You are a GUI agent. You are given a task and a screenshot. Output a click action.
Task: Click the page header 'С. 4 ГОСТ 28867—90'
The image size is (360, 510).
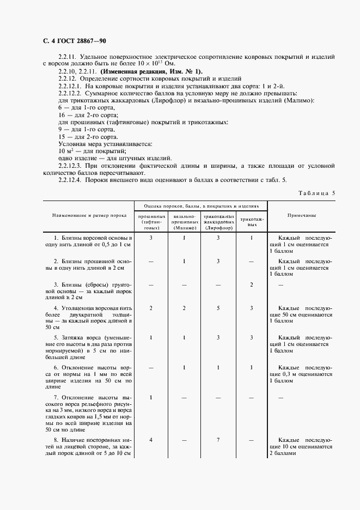(78, 41)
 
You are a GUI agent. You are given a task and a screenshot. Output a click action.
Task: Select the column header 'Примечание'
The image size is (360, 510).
(302, 216)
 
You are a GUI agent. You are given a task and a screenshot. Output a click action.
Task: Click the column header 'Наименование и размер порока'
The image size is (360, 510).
(89, 216)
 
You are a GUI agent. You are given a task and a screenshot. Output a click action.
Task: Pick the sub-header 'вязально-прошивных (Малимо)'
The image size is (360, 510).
(184, 222)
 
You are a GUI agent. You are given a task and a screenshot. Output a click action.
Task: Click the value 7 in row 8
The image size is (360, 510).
(218, 439)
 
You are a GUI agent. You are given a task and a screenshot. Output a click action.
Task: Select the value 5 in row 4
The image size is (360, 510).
(218, 308)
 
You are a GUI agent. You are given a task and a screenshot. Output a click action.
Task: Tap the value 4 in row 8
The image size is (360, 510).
(151, 439)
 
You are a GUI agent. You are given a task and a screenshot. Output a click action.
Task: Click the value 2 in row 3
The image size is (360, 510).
(251, 284)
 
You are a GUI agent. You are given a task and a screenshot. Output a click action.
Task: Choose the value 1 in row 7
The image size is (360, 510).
(151, 397)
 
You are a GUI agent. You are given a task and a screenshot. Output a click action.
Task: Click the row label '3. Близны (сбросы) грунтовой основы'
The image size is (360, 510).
(89, 291)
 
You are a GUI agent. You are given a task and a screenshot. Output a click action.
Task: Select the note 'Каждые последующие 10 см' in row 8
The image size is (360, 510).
(305, 446)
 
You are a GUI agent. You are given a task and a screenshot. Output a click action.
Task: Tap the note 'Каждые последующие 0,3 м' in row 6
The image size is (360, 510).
(305, 374)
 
